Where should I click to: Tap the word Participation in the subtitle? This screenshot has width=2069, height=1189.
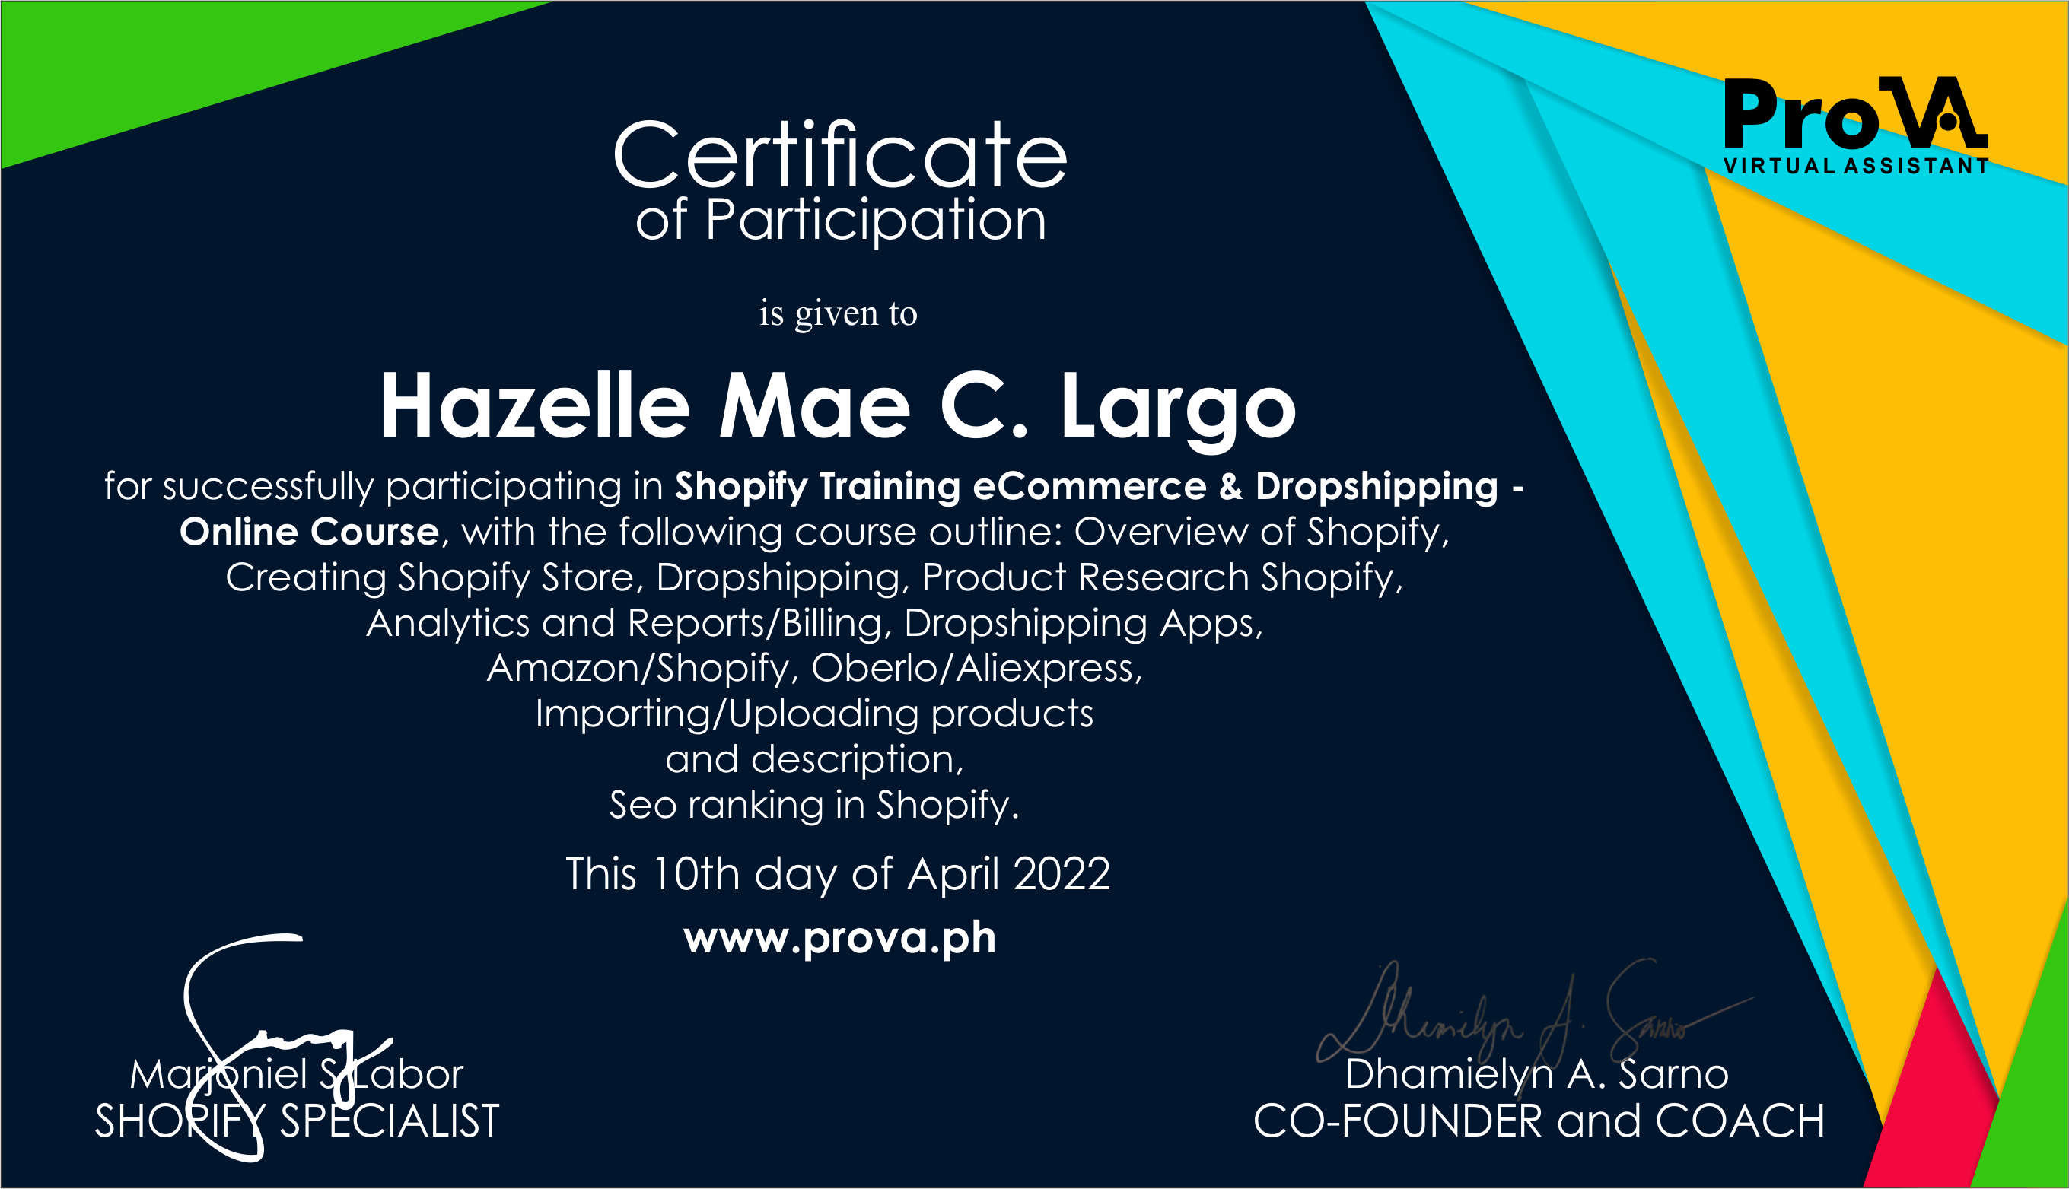point(875,221)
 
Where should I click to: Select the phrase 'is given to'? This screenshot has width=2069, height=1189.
point(838,313)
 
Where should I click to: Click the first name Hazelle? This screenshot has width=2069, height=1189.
point(535,407)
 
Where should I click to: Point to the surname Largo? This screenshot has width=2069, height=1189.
point(1178,407)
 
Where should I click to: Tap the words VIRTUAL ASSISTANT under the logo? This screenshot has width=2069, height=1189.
point(1856,167)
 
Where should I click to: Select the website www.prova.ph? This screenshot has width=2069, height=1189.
point(839,938)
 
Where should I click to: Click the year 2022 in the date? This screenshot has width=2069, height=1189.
point(1061,875)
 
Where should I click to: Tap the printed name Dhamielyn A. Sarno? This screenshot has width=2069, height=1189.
point(1536,1074)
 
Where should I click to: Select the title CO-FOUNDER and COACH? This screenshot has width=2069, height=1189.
point(1539,1121)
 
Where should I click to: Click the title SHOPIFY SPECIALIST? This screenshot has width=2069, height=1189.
point(297,1121)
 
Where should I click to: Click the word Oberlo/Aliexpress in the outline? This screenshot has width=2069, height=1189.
point(976,668)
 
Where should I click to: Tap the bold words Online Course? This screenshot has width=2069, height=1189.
point(310,533)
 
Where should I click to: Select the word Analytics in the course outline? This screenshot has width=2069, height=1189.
point(447,623)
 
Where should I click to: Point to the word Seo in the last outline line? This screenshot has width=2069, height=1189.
point(643,805)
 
